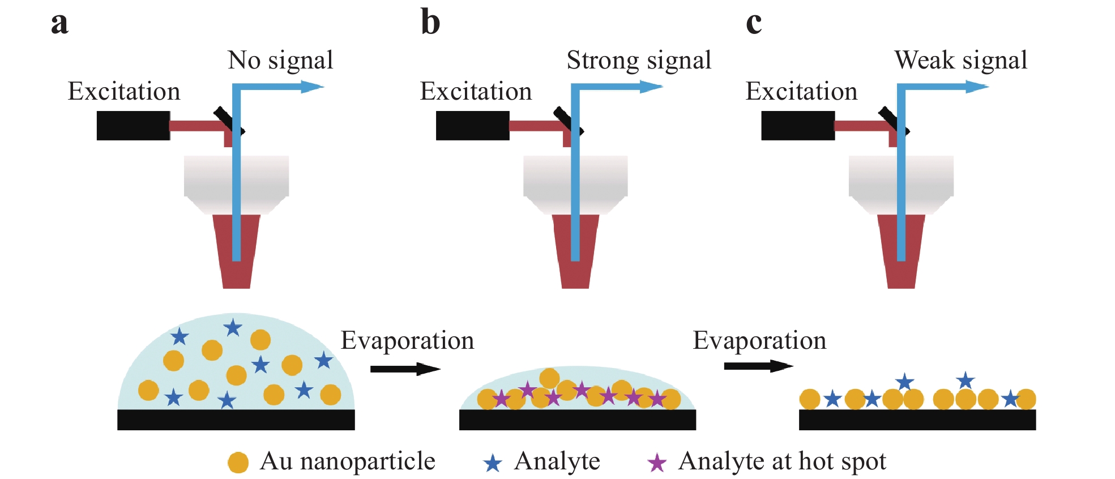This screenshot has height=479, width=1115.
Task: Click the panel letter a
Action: click(x=59, y=24)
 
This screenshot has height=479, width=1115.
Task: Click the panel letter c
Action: click(x=754, y=24)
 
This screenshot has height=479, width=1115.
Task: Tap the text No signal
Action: click(x=280, y=60)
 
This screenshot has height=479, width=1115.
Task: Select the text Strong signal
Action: click(x=639, y=60)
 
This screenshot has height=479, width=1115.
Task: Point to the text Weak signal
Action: click(x=961, y=60)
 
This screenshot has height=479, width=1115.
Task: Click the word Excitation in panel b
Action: click(x=476, y=91)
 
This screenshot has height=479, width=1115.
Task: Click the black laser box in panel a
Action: click(x=133, y=126)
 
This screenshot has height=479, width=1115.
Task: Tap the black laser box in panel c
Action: click(x=797, y=126)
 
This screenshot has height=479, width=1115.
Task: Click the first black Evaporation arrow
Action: click(x=405, y=369)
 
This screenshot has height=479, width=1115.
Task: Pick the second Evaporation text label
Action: click(x=759, y=340)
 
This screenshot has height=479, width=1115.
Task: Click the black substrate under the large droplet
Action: click(x=236, y=420)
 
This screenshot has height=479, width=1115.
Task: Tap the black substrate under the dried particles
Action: click(x=917, y=420)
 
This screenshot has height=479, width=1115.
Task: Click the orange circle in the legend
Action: click(x=238, y=463)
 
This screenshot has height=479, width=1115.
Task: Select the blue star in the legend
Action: click(x=493, y=463)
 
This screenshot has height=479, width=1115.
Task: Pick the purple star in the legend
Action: click(x=657, y=463)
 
